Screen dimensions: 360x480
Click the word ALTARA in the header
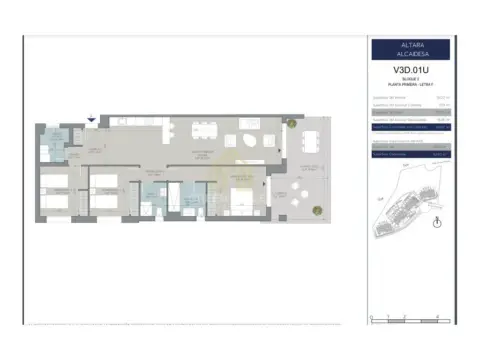(x=412, y=46)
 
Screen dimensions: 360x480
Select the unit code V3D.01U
(x=412, y=70)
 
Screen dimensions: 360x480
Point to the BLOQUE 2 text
(x=412, y=79)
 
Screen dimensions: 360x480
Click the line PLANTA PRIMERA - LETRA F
(x=412, y=84)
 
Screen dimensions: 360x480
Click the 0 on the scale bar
(x=371, y=319)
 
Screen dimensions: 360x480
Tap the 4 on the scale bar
(x=438, y=319)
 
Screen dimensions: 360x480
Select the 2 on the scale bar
(x=404, y=319)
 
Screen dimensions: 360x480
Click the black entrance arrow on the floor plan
(x=92, y=120)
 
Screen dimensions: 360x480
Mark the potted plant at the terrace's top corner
(x=291, y=123)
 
